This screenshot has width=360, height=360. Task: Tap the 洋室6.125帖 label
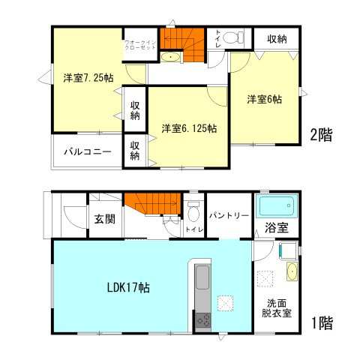pos(189,128)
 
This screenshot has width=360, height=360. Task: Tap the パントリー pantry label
pos(228,214)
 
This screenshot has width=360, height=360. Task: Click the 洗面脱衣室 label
pos(277,308)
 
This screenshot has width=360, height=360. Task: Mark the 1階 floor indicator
pos(322,323)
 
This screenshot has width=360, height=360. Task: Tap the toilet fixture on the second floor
pos(235,37)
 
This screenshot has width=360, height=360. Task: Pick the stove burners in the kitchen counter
pos(204,320)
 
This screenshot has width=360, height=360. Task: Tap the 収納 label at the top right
pos(277,37)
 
